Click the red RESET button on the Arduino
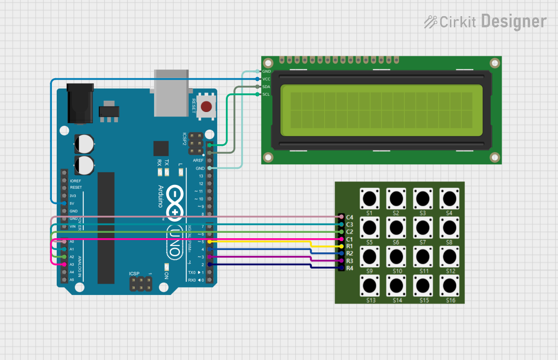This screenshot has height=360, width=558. point(206,106)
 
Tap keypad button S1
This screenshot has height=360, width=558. point(370,199)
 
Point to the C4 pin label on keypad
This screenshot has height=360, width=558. point(349,217)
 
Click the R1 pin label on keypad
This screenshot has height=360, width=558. point(349,246)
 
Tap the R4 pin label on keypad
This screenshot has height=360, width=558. point(349,268)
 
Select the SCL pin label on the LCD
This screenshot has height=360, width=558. point(266,94)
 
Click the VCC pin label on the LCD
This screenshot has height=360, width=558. point(266,79)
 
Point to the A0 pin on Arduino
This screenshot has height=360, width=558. point(64,242)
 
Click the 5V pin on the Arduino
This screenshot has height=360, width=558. point(64,203)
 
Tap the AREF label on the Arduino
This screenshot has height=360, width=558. point(198,160)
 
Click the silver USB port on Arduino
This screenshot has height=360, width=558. point(171,93)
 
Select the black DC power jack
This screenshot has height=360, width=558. point(79,104)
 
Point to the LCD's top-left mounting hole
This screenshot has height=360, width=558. point(268,64)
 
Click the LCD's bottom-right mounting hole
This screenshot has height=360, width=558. point(495,157)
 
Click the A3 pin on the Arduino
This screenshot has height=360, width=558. point(64,264)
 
